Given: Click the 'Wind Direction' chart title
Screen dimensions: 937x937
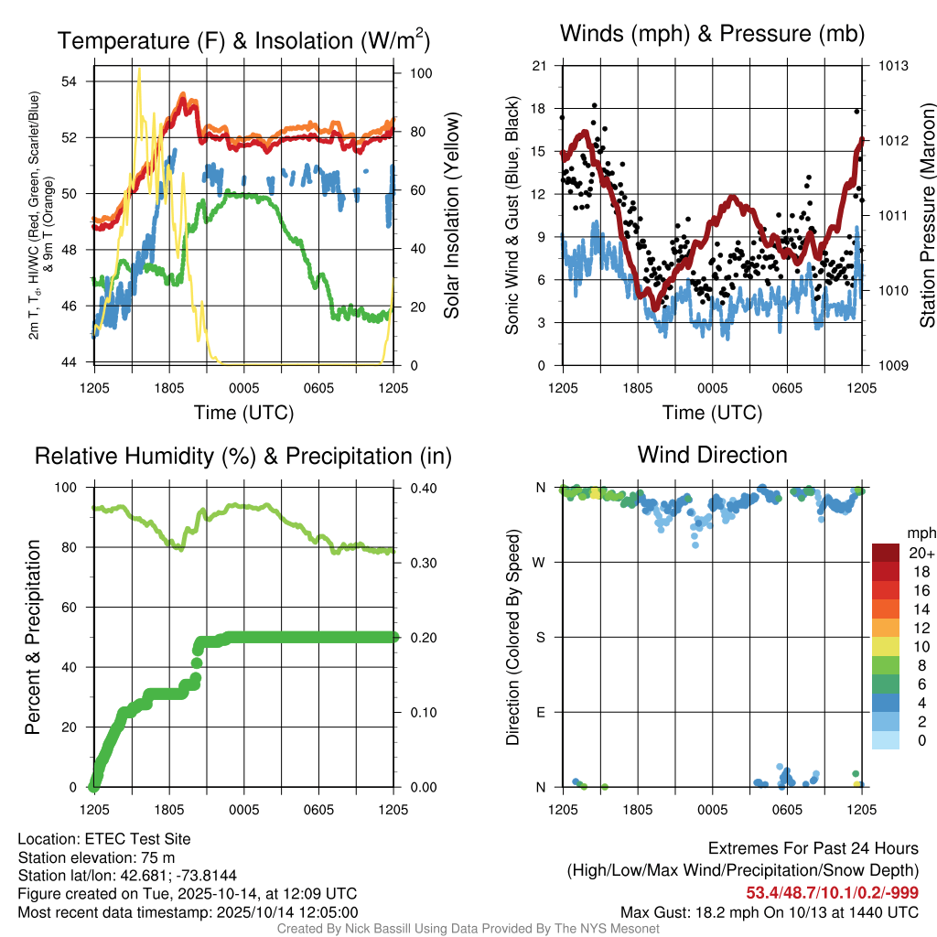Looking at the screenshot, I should coord(712,455).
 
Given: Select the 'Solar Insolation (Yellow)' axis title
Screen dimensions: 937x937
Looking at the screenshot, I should coord(451,216).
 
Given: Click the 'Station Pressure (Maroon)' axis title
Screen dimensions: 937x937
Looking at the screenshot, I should coord(926,216).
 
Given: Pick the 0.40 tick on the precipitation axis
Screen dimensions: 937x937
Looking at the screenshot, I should coord(421,488).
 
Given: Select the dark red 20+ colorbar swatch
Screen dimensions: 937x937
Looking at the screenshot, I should coord(886,553).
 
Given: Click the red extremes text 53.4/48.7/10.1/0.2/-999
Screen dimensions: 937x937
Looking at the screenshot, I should coord(832,892).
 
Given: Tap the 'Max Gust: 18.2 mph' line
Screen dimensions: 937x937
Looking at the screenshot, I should coord(770,912).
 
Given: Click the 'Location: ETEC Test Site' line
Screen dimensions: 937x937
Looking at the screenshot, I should coord(104,839).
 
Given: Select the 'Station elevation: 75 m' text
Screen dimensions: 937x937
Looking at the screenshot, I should coord(96,857).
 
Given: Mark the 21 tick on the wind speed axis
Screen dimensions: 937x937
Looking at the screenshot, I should coord(539,66).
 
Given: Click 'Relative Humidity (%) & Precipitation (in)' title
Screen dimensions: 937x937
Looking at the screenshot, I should coord(242,456).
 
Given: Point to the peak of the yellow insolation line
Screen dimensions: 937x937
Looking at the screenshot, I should coord(139,70).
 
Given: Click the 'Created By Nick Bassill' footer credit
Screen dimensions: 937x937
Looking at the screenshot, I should coord(468,929).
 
